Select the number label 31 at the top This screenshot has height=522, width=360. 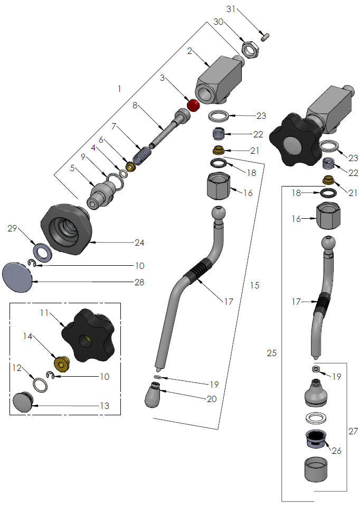(232, 9)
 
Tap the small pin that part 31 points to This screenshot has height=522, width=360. (268, 37)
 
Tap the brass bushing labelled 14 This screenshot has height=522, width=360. (63, 363)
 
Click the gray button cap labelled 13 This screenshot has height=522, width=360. (22, 402)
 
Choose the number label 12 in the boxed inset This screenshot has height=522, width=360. (17, 367)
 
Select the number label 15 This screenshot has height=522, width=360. (254, 285)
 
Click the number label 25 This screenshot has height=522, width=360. (271, 353)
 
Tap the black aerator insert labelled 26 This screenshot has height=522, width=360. (315, 438)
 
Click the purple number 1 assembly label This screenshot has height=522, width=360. (119, 89)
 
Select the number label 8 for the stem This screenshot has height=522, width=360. (135, 105)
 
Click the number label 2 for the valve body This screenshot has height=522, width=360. (188, 51)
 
